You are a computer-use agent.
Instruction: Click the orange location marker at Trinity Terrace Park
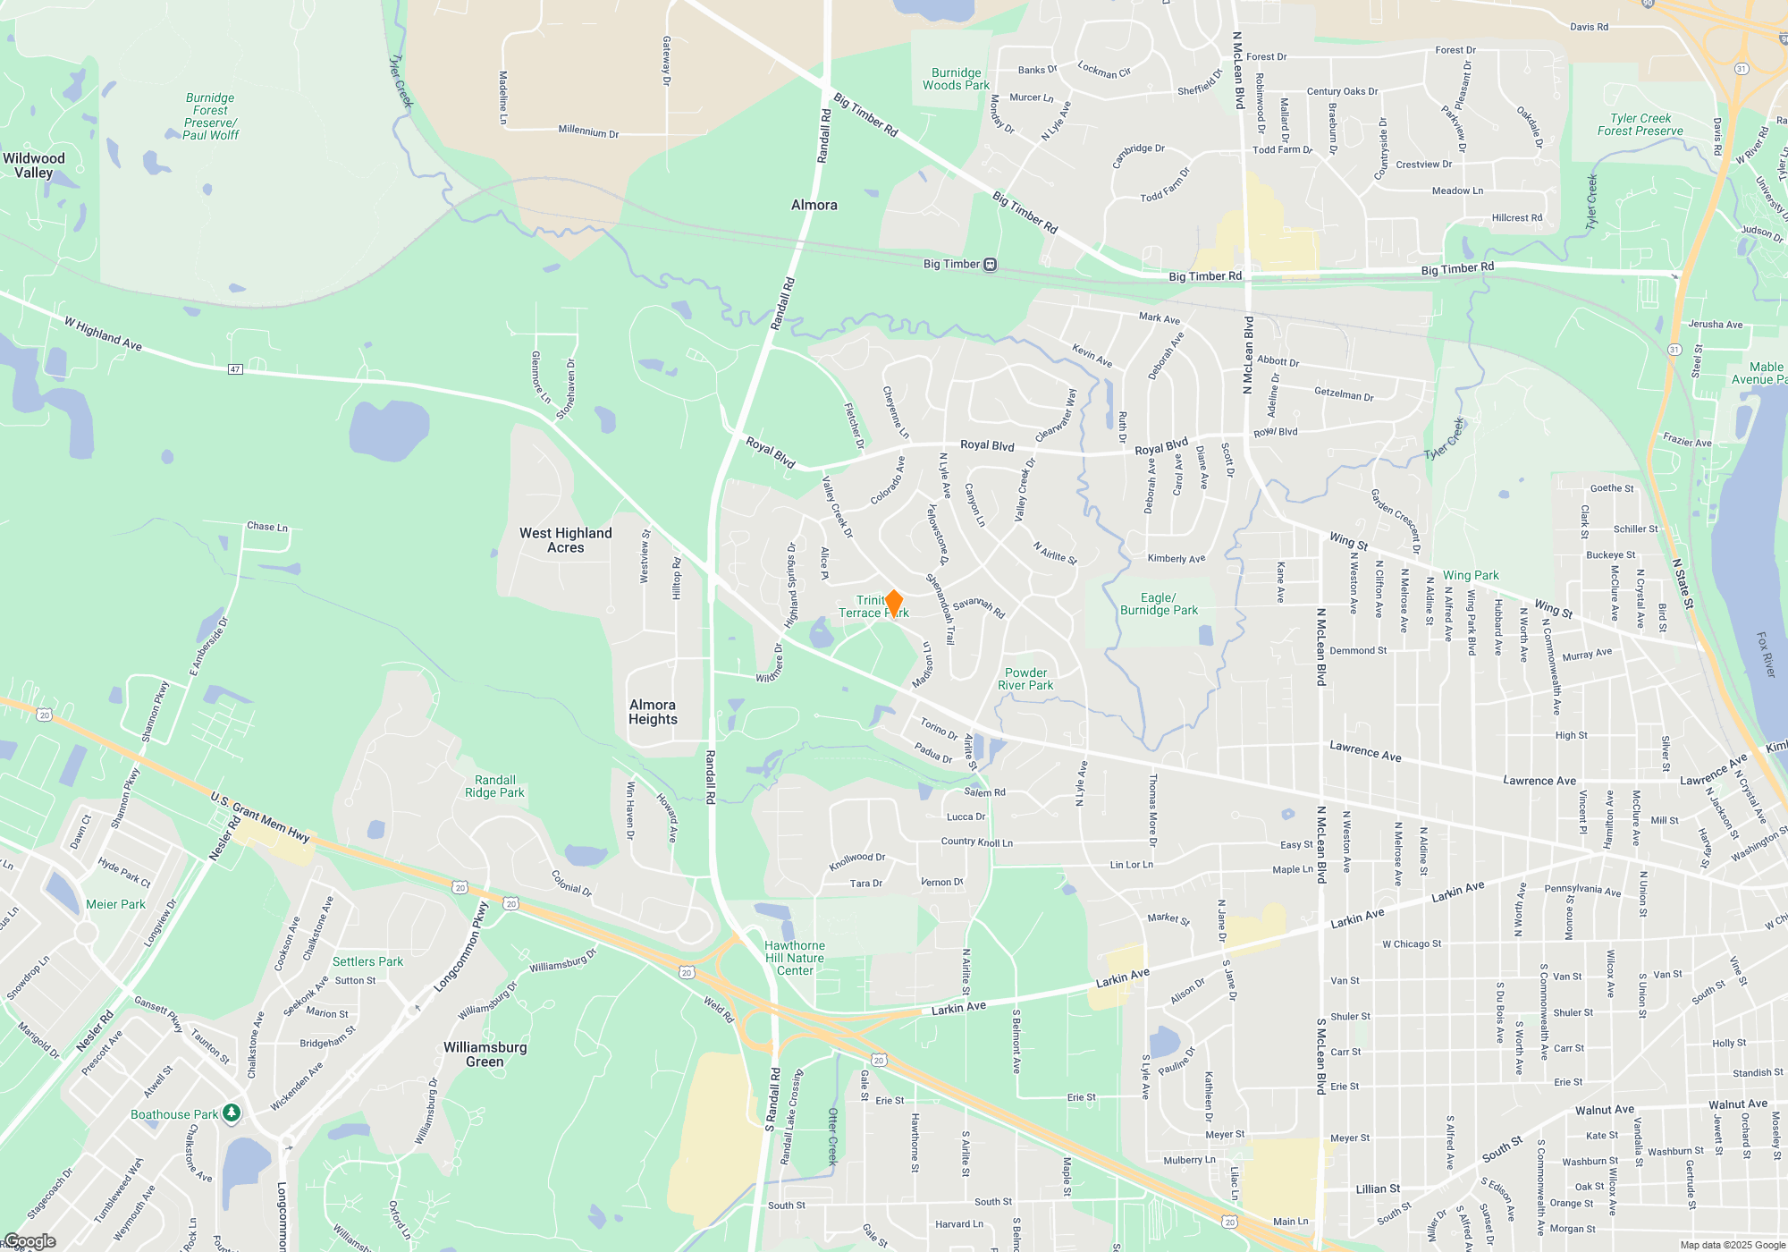(893, 604)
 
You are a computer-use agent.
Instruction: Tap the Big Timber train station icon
(990, 265)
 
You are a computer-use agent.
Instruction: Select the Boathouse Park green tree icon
(232, 1112)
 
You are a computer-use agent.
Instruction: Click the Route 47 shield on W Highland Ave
(235, 369)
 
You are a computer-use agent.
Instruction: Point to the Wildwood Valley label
(34, 165)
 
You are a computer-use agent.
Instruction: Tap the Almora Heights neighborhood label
(653, 712)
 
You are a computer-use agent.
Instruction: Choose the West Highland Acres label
(566, 540)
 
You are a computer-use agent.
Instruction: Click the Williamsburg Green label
(485, 1054)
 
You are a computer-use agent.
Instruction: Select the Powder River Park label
(1025, 679)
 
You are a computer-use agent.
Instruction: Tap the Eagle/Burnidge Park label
(1159, 604)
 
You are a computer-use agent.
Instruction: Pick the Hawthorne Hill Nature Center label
(795, 958)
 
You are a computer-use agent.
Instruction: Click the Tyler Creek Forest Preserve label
(1640, 124)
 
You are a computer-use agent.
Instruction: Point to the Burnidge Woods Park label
(956, 79)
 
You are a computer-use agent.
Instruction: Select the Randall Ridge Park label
(494, 786)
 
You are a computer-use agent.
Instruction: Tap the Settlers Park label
(367, 961)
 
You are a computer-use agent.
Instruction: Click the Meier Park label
(115, 904)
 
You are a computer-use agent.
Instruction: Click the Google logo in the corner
(30, 1241)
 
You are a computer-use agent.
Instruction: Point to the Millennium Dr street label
(588, 131)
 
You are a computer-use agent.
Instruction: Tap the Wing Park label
(1471, 575)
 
